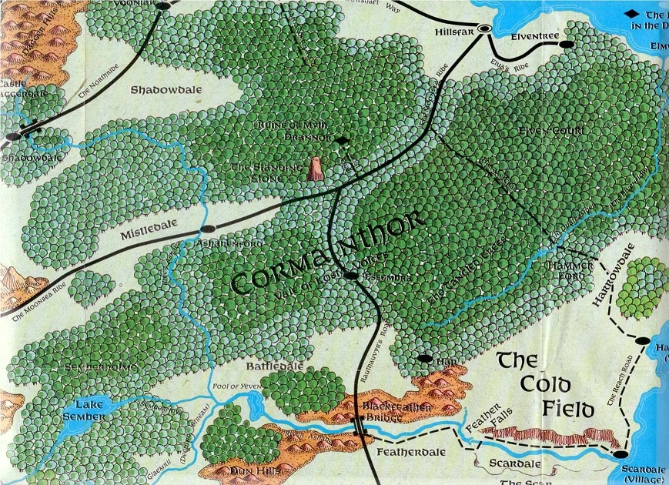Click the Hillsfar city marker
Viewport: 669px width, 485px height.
tap(485, 28)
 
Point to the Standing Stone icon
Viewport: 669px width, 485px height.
tap(314, 169)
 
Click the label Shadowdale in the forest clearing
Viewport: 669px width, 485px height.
tap(166, 89)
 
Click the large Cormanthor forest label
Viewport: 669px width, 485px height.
tap(327, 252)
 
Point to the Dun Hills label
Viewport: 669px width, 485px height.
tap(247, 470)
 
